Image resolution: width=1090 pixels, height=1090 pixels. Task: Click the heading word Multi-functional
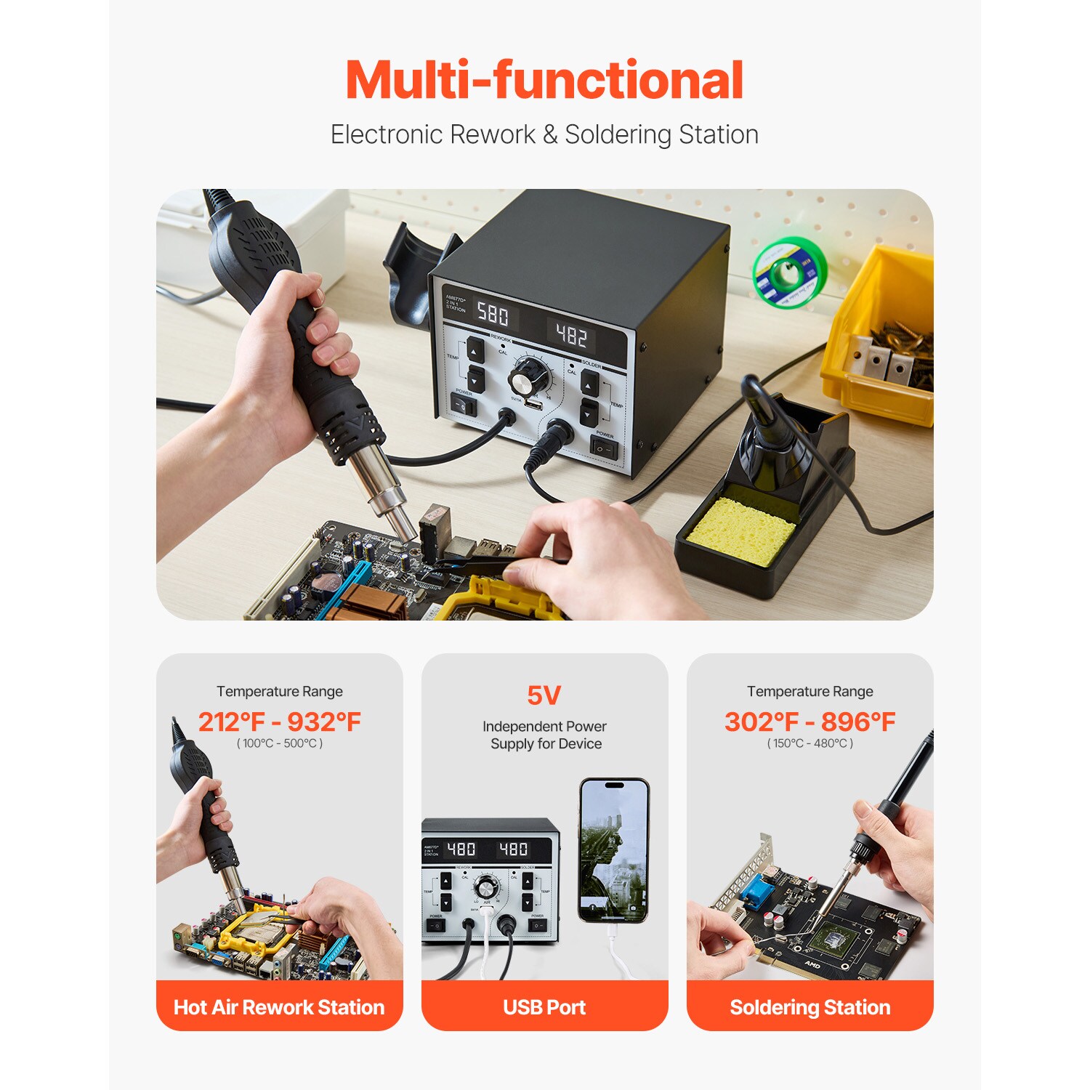[x=544, y=80]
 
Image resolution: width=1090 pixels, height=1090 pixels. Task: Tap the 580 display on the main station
[x=493, y=314]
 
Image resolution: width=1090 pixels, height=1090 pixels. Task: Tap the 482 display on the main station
[x=571, y=335]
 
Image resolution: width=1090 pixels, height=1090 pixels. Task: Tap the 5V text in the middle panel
[x=544, y=695]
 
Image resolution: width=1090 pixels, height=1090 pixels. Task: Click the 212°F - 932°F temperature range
[x=280, y=722]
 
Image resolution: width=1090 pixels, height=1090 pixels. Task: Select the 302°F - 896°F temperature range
[x=810, y=722]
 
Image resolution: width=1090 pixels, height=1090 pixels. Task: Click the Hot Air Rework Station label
[x=279, y=1007]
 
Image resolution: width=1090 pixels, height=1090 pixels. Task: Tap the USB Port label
[x=544, y=1007]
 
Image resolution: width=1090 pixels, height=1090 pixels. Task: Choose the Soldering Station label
[x=810, y=1007]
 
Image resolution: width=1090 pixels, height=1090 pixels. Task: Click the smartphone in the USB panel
[x=614, y=850]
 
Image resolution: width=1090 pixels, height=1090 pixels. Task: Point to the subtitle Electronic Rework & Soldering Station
[x=544, y=134]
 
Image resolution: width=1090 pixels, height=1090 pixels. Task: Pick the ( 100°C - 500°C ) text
[x=280, y=743]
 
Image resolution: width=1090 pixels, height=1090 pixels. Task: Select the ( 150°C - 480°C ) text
[x=810, y=743]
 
